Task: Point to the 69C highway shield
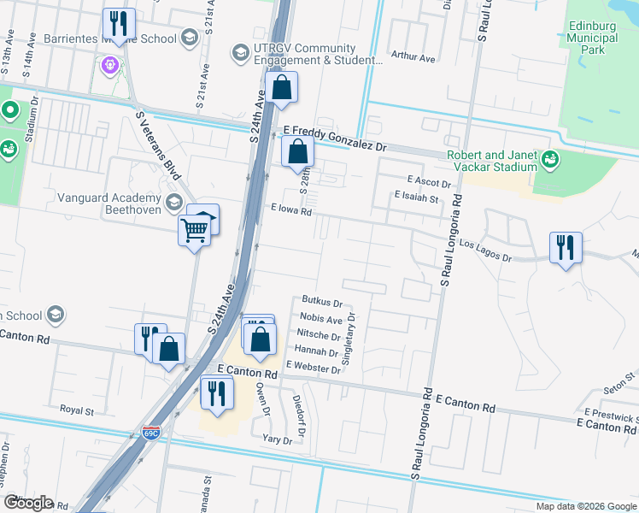[151, 433]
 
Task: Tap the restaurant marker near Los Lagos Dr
[566, 248]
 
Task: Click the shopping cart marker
[194, 229]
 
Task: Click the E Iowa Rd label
[294, 209]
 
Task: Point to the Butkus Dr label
[322, 302]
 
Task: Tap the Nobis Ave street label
[321, 319]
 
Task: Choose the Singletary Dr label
[349, 339]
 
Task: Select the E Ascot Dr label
[429, 181]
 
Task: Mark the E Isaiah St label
[416, 198]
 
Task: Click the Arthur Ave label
[413, 57]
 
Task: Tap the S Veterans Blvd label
[159, 145]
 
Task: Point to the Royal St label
[77, 410]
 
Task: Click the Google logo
[28, 503]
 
